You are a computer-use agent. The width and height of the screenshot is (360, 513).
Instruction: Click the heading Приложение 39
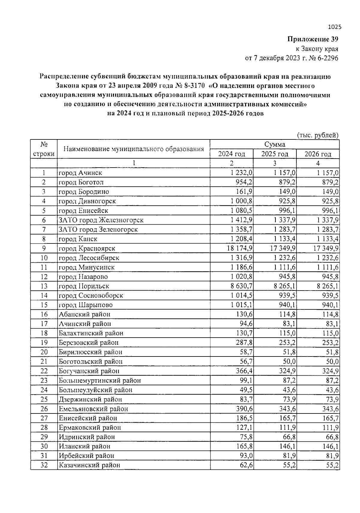[313, 39]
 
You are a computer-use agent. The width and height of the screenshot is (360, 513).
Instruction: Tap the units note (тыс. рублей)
[318, 135]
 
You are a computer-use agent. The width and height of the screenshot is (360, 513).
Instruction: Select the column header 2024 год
[231, 154]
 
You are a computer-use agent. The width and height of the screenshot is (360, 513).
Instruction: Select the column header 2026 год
[318, 154]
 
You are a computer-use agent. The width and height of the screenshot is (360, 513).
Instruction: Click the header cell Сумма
[274, 145]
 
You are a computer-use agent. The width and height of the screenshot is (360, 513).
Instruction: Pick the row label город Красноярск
[87, 248]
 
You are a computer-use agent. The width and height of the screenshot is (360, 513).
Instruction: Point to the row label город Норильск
[84, 286]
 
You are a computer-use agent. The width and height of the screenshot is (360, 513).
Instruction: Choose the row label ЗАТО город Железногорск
[101, 220]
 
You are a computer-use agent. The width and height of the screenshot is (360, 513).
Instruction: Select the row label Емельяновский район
[93, 409]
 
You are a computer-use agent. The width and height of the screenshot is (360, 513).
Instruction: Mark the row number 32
[44, 465]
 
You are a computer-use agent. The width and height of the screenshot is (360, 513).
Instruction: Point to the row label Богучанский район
[89, 371]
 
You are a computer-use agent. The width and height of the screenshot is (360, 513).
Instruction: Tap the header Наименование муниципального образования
[133, 149]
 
